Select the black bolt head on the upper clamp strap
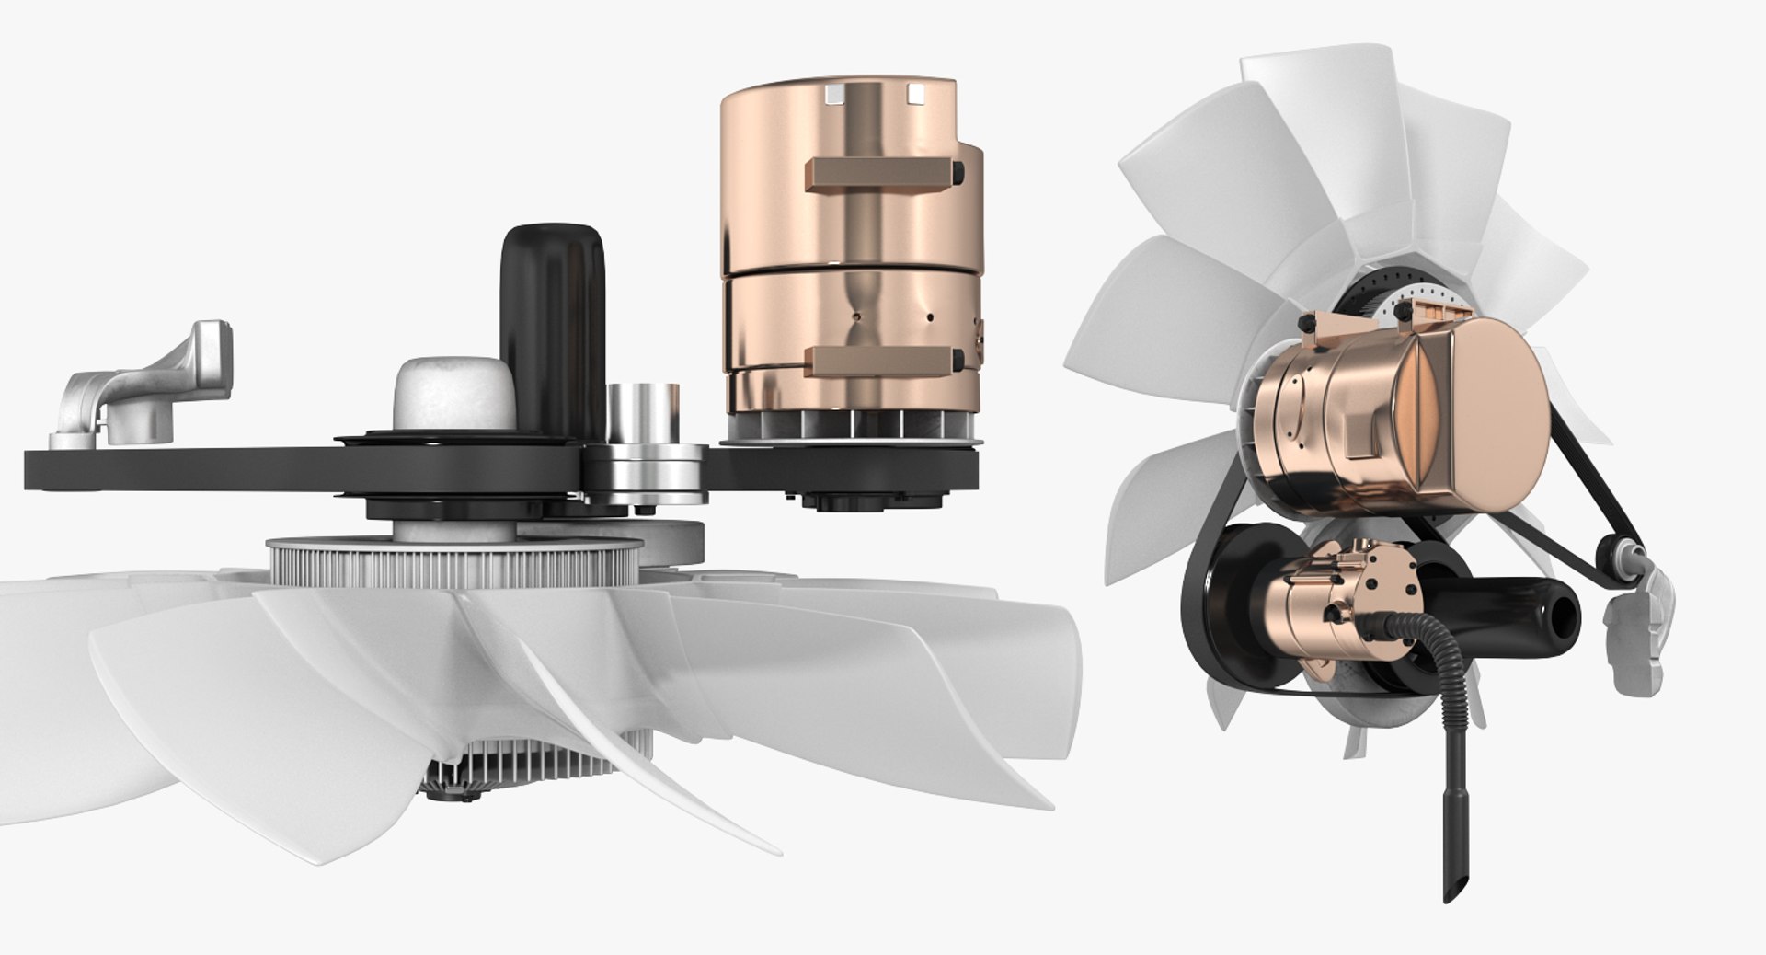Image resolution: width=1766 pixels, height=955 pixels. coord(959,172)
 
